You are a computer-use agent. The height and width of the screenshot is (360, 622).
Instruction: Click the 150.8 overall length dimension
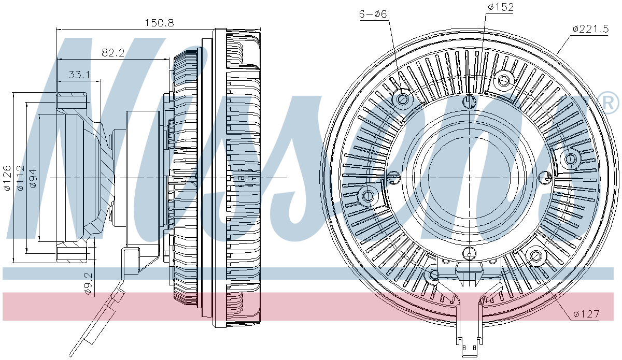159,23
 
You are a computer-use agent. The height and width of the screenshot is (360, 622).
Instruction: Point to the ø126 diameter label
7,178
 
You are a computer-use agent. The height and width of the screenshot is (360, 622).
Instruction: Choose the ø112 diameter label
20,178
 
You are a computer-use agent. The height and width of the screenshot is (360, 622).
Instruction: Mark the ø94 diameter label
33,178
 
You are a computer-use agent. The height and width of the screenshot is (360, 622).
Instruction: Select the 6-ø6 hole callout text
373,14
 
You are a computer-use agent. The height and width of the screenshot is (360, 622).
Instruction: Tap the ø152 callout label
500,7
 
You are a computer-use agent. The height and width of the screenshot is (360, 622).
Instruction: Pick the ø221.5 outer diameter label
590,28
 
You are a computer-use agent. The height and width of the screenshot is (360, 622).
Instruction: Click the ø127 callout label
586,314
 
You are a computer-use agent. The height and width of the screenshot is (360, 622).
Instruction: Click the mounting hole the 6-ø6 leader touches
403,98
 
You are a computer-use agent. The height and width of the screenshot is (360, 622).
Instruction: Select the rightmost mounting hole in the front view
571,159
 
